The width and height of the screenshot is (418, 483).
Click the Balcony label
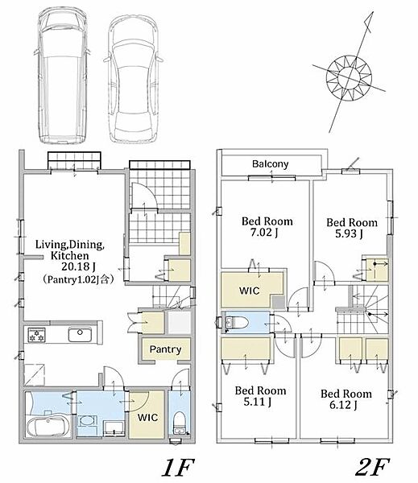pos(270,164)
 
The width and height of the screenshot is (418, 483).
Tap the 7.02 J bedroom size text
pos(264,233)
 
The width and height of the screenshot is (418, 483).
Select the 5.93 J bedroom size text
pos(349,233)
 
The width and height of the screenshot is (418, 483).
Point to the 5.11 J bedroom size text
pos(258,402)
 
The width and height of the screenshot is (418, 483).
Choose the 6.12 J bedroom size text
pos(343,405)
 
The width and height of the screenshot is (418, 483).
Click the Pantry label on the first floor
pos(165,349)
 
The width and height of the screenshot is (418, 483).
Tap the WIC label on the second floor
pos(250,291)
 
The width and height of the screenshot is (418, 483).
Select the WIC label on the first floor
pos(147,417)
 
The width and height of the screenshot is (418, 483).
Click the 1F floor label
pos(178,467)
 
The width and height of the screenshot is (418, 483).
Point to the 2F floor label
pos(372,467)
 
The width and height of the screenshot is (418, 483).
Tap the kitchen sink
pos(80,335)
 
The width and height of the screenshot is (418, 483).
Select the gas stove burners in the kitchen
pos(37,335)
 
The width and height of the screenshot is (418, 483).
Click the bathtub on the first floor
pos(48,427)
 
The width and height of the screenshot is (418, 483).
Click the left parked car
pos(62,76)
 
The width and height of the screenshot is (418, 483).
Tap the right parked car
pos(134,80)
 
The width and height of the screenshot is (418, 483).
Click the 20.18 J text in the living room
pos(78,266)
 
